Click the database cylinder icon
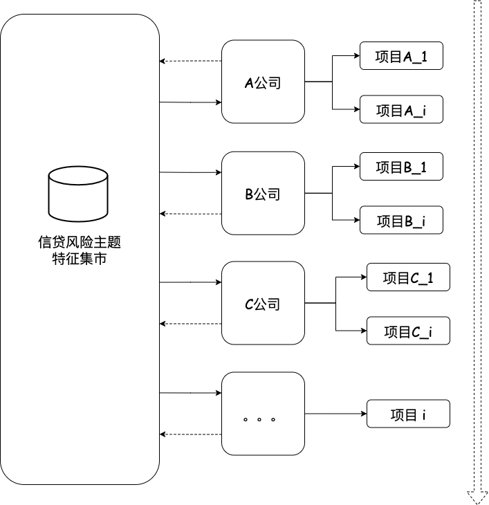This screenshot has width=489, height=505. click(x=78, y=194)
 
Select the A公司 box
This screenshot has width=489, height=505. click(x=263, y=82)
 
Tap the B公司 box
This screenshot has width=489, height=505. click(x=263, y=193)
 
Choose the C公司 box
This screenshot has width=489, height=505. click(x=263, y=303)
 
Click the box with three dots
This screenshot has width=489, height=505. click(x=263, y=414)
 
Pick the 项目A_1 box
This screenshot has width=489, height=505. click(x=400, y=56)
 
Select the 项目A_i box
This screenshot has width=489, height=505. click(x=400, y=109)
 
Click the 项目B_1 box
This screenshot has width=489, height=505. click(x=400, y=167)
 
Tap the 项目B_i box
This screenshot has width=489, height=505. click(x=400, y=220)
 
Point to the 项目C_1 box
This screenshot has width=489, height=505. click(x=407, y=277)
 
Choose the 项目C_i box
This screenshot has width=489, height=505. click(x=407, y=331)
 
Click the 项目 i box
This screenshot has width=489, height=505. click(x=407, y=414)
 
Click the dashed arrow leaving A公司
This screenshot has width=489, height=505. click(x=190, y=62)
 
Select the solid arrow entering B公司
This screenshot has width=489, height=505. click(x=190, y=172)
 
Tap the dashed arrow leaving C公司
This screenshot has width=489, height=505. click(x=190, y=324)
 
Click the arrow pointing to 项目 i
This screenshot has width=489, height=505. click(x=335, y=414)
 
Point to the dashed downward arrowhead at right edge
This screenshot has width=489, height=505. click(x=477, y=496)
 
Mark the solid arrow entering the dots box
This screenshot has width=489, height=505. click(x=190, y=393)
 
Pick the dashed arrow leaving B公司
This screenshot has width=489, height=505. click(x=190, y=214)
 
